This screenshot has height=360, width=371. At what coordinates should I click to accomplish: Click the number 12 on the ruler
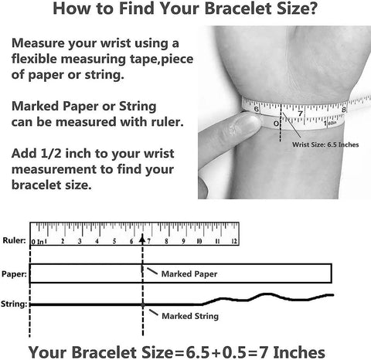(x=234, y=241)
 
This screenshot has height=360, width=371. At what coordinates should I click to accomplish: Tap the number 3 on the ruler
(x=80, y=241)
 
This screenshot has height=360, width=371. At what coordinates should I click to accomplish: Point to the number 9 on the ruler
(x=183, y=241)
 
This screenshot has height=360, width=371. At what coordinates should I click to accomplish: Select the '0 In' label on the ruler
(x=38, y=242)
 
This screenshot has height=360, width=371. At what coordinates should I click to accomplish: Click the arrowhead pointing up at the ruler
(x=142, y=239)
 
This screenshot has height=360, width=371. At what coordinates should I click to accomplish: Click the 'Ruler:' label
(x=14, y=240)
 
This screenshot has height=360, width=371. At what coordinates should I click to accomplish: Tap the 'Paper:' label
(x=14, y=273)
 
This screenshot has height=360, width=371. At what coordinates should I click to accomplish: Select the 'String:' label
(x=14, y=304)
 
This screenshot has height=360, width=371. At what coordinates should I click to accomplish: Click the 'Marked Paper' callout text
(x=189, y=273)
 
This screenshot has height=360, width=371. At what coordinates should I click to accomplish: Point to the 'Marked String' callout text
(x=190, y=316)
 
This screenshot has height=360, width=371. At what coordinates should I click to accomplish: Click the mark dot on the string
(x=143, y=304)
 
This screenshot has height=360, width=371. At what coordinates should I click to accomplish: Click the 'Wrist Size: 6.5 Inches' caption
(x=325, y=144)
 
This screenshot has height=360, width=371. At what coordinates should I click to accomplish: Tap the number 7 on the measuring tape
(x=300, y=114)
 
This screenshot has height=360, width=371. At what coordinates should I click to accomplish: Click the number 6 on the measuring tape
(x=257, y=109)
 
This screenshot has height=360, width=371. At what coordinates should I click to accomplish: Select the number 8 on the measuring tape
(x=344, y=110)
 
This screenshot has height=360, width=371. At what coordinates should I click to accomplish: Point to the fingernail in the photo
(x=247, y=123)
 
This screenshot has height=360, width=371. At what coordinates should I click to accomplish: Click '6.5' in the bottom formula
(x=198, y=352)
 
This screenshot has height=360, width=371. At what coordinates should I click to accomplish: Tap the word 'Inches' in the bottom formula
(x=299, y=352)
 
